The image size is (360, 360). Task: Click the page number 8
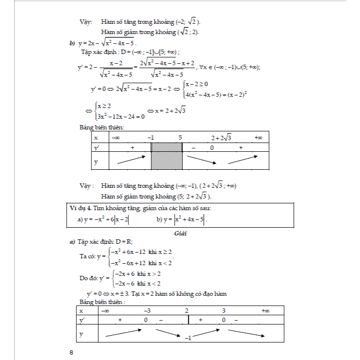(x=71, y=353)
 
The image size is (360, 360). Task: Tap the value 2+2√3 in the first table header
(x=221, y=138)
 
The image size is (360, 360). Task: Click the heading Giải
(x=180, y=233)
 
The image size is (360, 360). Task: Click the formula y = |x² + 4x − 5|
(x=181, y=220)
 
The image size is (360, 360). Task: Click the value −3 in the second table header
(x=147, y=311)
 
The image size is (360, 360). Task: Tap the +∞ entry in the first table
(x=258, y=138)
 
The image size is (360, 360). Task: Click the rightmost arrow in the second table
(x=247, y=335)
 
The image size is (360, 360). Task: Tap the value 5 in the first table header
(x=180, y=138)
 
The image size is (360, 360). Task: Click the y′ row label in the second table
(x=81, y=320)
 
